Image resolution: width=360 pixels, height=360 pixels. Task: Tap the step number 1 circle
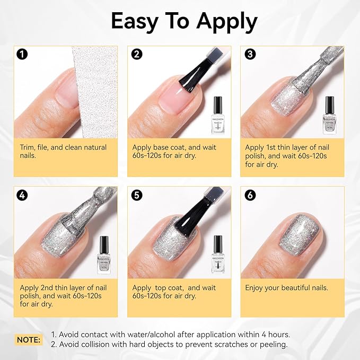[22, 54]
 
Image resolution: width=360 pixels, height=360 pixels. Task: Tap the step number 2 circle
[136, 54]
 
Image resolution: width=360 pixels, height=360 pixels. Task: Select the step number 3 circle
[250, 54]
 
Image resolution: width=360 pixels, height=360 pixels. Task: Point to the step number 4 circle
[22, 195]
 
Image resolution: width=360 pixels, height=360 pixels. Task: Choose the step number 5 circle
[136, 195]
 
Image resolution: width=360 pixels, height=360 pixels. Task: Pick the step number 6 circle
[250, 195]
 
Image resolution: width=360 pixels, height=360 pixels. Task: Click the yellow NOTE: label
[29, 339]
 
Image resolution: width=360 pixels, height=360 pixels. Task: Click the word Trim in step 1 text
[28, 147]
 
